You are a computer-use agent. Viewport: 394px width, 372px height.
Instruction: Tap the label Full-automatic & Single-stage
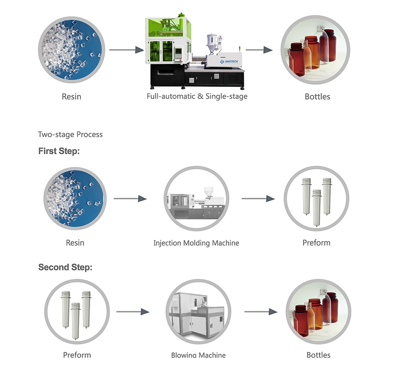click(x=197, y=96)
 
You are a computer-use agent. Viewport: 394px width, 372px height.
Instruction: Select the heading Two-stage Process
click(x=70, y=134)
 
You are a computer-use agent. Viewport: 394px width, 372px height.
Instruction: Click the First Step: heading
click(x=59, y=151)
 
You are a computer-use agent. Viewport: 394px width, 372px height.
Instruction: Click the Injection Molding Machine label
click(x=196, y=243)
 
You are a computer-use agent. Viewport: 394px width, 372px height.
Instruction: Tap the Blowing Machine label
click(x=198, y=355)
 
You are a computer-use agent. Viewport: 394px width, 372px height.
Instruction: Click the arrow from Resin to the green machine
click(x=126, y=50)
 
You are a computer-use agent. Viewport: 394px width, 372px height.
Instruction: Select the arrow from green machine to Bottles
click(x=259, y=50)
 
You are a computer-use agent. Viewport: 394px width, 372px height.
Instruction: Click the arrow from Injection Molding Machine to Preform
click(x=258, y=199)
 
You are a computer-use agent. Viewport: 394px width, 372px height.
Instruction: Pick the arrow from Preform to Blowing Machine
click(x=133, y=312)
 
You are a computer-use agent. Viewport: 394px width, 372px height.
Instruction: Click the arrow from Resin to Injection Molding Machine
click(x=130, y=199)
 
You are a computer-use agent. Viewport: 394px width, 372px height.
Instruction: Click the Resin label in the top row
click(x=71, y=96)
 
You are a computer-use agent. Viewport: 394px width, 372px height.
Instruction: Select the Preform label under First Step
click(x=316, y=243)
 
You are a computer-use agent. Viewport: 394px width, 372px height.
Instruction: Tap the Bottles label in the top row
click(x=317, y=96)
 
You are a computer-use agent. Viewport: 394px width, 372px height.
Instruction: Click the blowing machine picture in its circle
click(x=198, y=311)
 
